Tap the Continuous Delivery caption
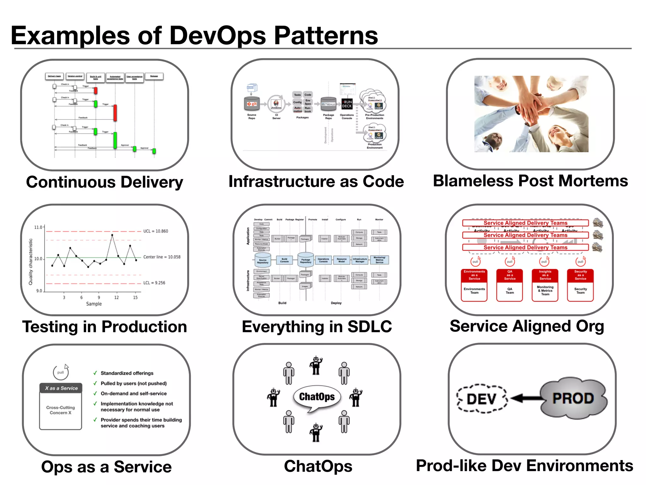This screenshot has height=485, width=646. click(104, 182)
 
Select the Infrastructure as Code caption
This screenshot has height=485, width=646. click(316, 182)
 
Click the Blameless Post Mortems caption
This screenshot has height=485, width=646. click(530, 181)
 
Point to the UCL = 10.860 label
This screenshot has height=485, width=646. click(156, 231)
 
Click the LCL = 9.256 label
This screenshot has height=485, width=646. click(154, 283)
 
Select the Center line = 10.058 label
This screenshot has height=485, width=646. click(162, 257)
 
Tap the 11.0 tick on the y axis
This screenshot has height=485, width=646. click(38, 227)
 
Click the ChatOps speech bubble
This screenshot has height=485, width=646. click(317, 397)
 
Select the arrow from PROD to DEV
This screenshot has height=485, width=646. click(526, 398)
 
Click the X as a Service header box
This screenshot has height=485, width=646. click(61, 388)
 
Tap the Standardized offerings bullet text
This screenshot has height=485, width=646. click(127, 373)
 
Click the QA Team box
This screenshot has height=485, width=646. click(509, 291)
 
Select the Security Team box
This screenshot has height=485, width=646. click(580, 291)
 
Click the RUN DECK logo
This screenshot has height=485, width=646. click(347, 104)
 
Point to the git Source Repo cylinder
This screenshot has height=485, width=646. click(252, 104)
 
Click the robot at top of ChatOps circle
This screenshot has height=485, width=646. click(316, 365)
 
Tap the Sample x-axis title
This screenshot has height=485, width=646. click(94, 304)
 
